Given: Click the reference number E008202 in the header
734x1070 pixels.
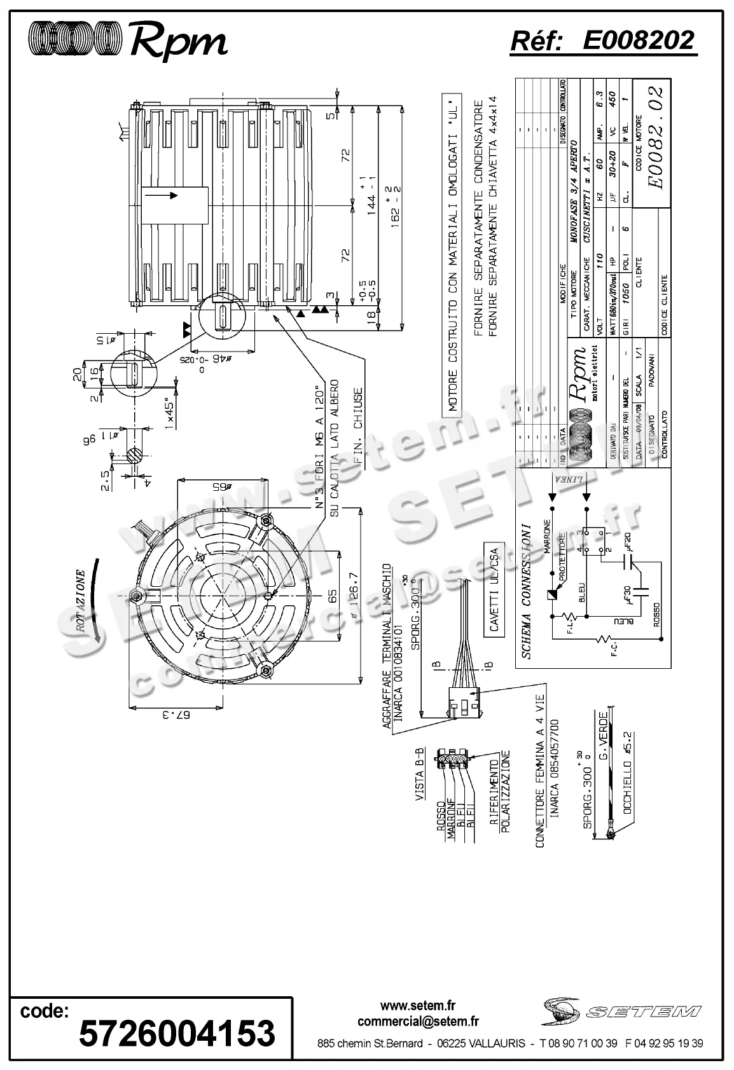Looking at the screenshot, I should pos(638,41).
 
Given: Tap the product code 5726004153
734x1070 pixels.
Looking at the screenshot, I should pos(177,1032).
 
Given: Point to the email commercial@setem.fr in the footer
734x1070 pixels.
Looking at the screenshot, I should pos(418,1022).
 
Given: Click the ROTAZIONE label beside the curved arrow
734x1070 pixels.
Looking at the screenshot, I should pos(81,599).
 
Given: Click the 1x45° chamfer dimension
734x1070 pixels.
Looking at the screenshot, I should pos(170,414).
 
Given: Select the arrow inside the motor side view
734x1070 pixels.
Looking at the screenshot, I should pos(168,196).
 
